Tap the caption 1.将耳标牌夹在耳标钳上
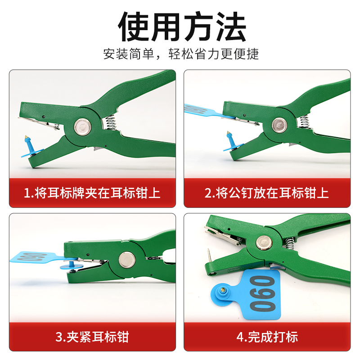coord(92,193)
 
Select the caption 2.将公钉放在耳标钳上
coord(267,193)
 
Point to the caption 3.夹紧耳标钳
coord(92,337)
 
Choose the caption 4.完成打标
coord(267,337)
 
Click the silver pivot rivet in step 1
coord(82,126)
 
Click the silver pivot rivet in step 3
coord(126,260)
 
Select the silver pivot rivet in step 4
coord(263,243)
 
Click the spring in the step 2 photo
coord(304,121)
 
